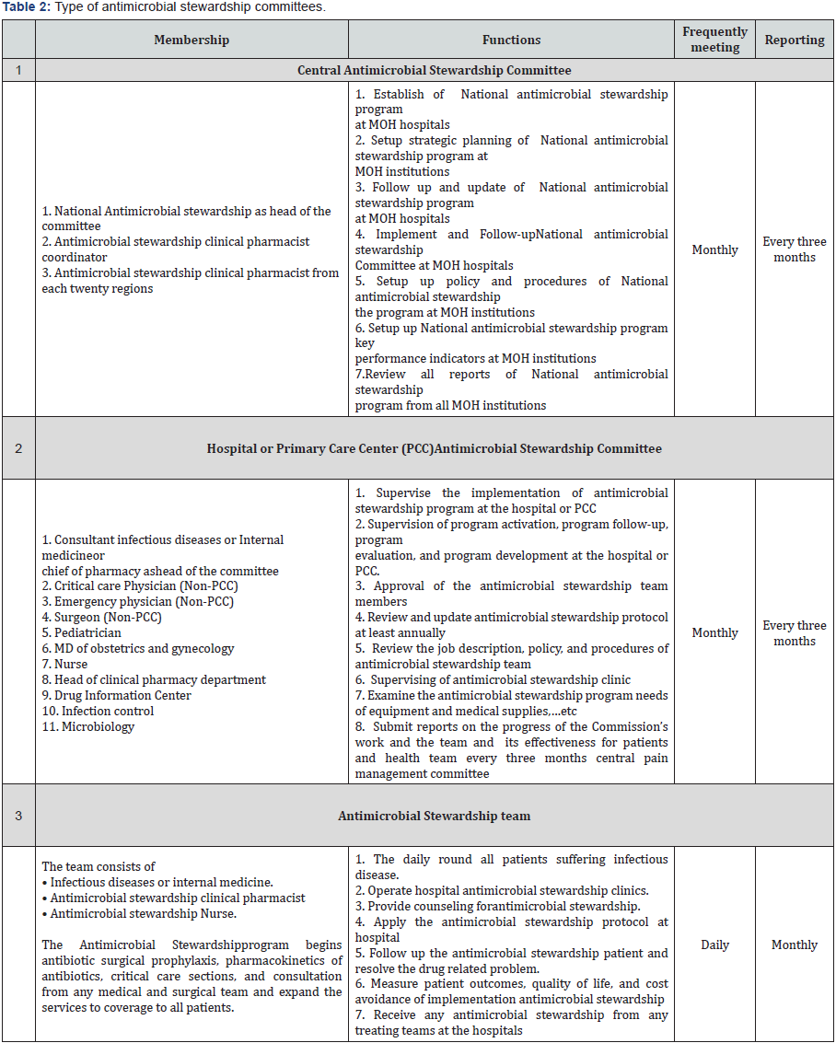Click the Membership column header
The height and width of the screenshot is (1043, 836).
tap(192, 40)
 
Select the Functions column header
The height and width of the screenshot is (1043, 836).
tap(511, 40)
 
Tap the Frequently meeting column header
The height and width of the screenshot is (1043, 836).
tap(714, 40)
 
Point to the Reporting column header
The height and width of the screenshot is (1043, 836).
tap(795, 40)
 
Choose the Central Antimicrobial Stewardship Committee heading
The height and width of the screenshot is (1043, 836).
tap(434, 70)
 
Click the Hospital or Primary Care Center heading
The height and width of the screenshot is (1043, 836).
tap(434, 448)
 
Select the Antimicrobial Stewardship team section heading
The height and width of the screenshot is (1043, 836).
tap(434, 816)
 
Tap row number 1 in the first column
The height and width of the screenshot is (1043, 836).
tap(18, 70)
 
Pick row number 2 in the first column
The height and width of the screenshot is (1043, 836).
tap(18, 448)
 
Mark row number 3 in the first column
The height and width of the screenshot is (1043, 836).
tap(18, 816)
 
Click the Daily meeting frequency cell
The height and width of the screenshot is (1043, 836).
tap(714, 944)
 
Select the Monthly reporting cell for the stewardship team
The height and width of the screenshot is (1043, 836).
tap(795, 944)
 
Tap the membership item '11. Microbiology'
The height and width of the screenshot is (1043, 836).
tap(88, 727)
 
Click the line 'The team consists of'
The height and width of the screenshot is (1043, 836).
tap(99, 866)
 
